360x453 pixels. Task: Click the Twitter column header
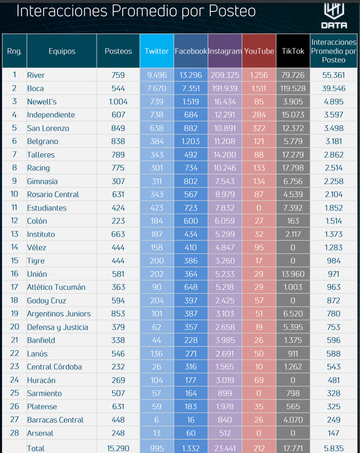(x=157, y=51)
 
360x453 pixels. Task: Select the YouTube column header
(x=259, y=51)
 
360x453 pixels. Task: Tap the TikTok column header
(x=293, y=51)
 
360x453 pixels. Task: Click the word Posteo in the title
(x=232, y=11)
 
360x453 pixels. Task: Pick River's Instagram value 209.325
(x=225, y=75)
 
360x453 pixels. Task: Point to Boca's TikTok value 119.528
(x=293, y=88)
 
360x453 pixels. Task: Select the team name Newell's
(x=42, y=102)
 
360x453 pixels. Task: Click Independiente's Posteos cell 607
(x=118, y=115)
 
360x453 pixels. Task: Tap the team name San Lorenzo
(x=48, y=128)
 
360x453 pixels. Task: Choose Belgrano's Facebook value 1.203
(x=190, y=141)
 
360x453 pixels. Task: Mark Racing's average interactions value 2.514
(x=334, y=168)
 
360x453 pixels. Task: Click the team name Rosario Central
(x=53, y=195)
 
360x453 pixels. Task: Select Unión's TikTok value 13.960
(x=293, y=274)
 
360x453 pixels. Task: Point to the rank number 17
(x=14, y=287)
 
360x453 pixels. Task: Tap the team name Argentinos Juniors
(x=59, y=314)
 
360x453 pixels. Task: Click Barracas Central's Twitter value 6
(x=157, y=420)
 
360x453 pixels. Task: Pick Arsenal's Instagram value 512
(x=225, y=433)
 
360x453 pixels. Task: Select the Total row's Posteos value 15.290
(x=118, y=448)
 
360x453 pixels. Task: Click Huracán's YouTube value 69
(x=259, y=380)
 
